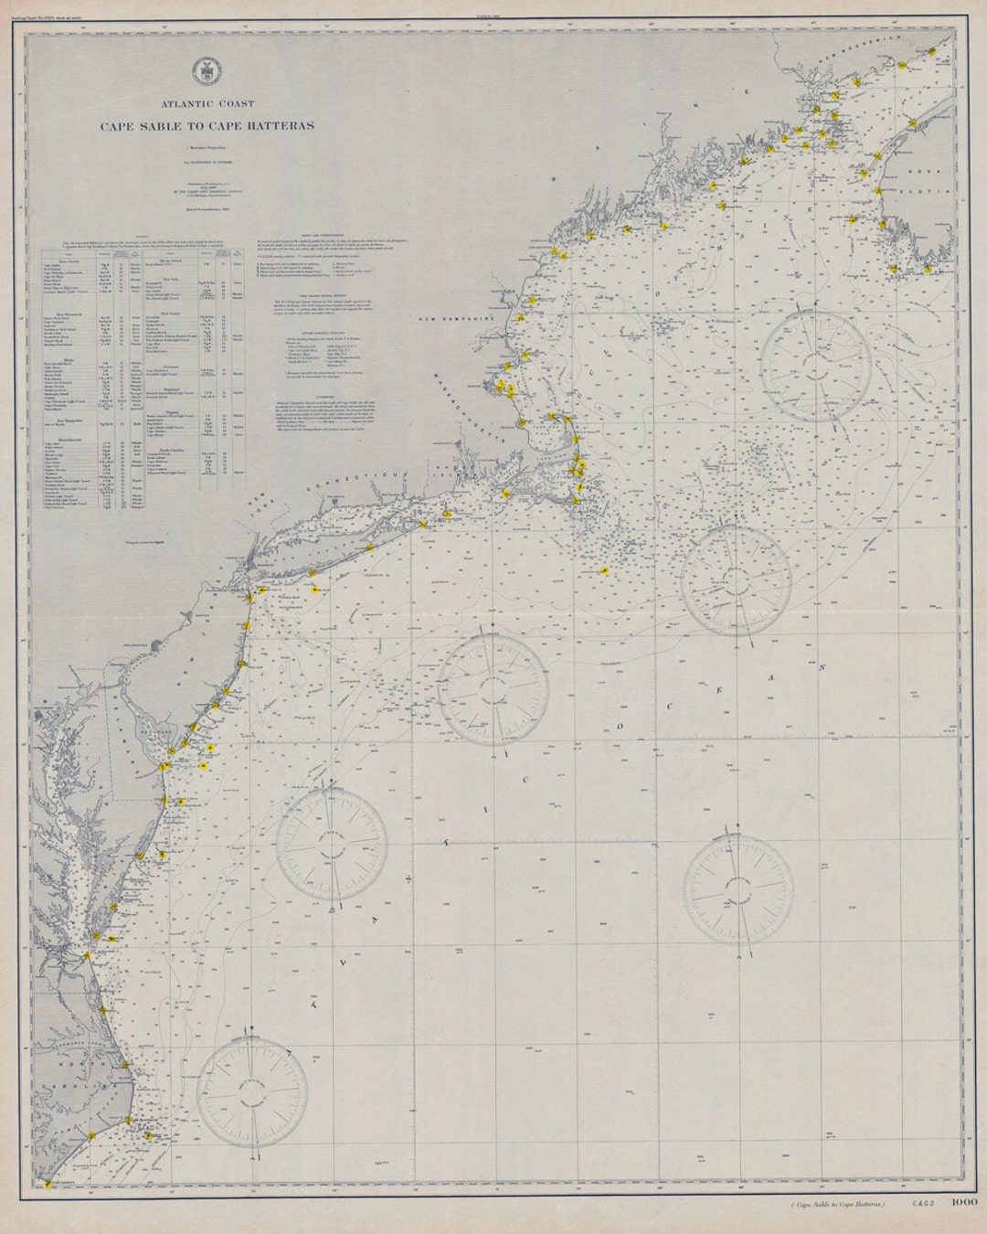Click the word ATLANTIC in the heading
[186, 105]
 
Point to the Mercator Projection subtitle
[209, 146]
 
